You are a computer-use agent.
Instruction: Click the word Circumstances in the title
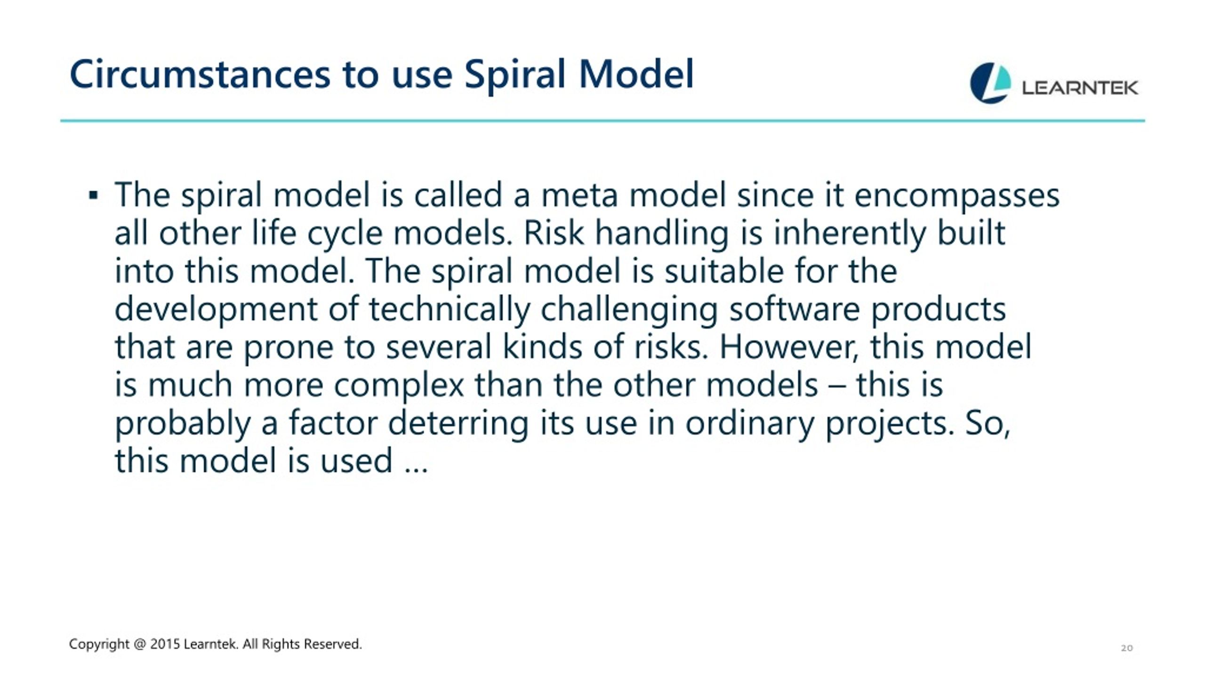coord(200,74)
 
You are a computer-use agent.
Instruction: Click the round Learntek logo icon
coord(990,83)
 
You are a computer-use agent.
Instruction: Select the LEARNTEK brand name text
coord(1080,88)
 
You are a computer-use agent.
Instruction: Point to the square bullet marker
coord(93,195)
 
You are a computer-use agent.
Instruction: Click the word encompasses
coord(957,196)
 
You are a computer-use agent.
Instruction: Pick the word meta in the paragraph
coord(579,195)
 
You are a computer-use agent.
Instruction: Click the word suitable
coord(724,271)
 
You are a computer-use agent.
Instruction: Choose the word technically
coord(450,310)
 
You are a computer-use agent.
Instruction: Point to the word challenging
coord(629,310)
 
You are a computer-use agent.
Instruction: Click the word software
coord(795,309)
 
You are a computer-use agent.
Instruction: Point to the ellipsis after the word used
coord(417,469)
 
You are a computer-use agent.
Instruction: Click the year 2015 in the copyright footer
coord(165,644)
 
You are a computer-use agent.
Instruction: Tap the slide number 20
coord(1126,648)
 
